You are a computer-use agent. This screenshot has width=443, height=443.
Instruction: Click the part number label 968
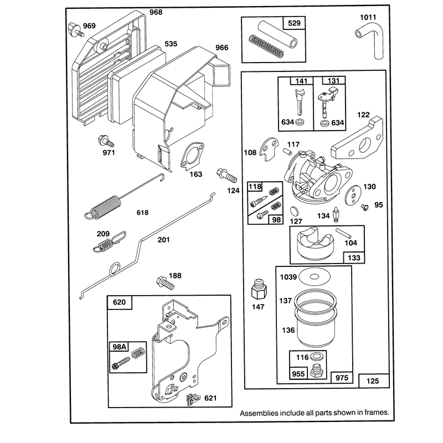pyautogui.click(x=156, y=12)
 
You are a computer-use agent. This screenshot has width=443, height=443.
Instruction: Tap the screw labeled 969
pyautogui.click(x=75, y=29)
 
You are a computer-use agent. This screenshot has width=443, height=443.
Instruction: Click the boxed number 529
pyautogui.click(x=294, y=23)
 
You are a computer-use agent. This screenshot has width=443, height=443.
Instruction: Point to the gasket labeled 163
pyautogui.click(x=192, y=156)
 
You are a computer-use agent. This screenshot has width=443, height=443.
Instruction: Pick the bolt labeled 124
pyautogui.click(x=226, y=175)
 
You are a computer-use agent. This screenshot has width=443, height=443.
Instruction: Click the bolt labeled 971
pyautogui.click(x=106, y=141)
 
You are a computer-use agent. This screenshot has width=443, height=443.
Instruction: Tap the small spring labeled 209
pyautogui.click(x=109, y=241)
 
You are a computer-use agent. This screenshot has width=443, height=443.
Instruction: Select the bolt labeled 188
pyautogui.click(x=165, y=283)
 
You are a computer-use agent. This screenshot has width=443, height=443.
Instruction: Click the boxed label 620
pyautogui.click(x=119, y=302)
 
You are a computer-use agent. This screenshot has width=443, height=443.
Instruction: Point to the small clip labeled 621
pyautogui.click(x=193, y=399)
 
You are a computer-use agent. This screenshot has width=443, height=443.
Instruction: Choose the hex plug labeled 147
pyautogui.click(x=259, y=289)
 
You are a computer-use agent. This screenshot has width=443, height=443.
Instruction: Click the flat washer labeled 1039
pyautogui.click(x=315, y=276)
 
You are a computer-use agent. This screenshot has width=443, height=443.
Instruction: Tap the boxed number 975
pyautogui.click(x=342, y=378)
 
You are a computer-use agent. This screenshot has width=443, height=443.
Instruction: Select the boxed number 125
pyautogui.click(x=373, y=381)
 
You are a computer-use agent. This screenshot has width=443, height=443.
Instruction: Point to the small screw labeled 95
pyautogui.click(x=365, y=207)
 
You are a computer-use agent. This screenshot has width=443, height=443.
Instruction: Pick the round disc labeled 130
pyautogui.click(x=353, y=195)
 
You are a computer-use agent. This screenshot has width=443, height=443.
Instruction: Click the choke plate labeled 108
pyautogui.click(x=269, y=148)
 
